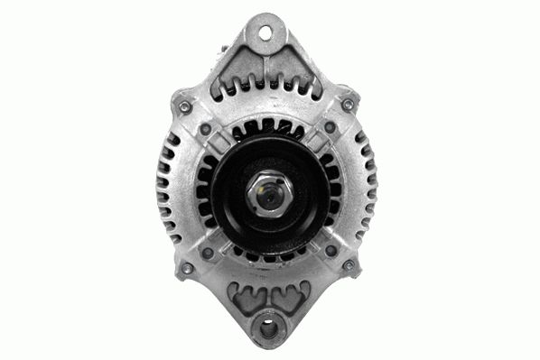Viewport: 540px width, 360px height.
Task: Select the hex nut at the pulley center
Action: (268, 192)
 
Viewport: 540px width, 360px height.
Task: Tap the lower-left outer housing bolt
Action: (186, 268)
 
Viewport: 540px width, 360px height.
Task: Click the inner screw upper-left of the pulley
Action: (207, 129)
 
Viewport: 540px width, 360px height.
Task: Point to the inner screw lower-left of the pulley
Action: (208, 252)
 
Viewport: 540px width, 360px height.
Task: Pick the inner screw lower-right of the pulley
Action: (330, 251)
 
